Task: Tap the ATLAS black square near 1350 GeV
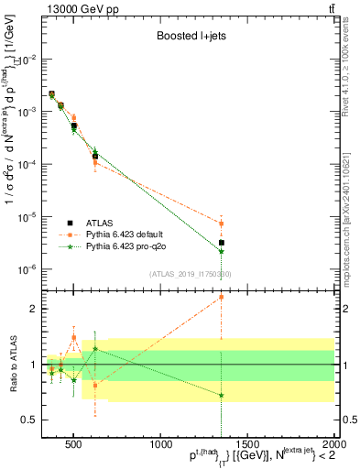coord(221,243)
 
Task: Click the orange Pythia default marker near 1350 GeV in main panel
coord(221,224)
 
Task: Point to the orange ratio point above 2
coord(221,297)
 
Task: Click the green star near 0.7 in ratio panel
coord(221,396)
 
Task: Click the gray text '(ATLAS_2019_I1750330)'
coord(190,273)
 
